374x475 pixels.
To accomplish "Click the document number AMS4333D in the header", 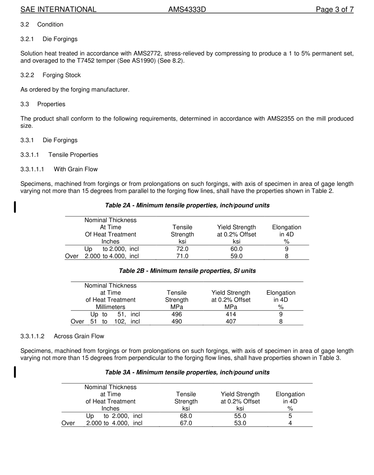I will click(x=187, y=9).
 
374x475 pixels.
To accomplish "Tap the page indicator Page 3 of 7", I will click(x=334, y=9).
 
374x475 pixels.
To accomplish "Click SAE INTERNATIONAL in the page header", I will click(x=58, y=9).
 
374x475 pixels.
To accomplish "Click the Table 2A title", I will click(x=187, y=206).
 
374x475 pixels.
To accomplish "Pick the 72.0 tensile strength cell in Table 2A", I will click(x=182, y=249).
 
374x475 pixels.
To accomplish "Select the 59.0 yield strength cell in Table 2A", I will click(x=236, y=256).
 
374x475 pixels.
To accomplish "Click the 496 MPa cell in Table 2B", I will click(x=177, y=314).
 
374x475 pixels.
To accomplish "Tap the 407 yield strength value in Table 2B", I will click(x=231, y=321).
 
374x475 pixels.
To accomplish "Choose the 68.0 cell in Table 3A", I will click(x=186, y=416).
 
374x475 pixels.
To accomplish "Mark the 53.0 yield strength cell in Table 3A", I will click(x=240, y=423).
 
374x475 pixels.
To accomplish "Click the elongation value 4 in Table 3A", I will click(x=290, y=423).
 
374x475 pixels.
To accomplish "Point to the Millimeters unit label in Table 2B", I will click(x=110, y=307).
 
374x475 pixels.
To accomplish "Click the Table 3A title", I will click(x=187, y=373).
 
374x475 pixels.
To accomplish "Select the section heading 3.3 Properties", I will click(x=43, y=104).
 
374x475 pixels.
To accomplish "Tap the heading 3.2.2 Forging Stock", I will click(x=50, y=75).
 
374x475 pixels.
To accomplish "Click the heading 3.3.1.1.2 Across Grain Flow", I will click(x=62, y=336).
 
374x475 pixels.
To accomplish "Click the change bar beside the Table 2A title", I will click(x=15, y=207).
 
